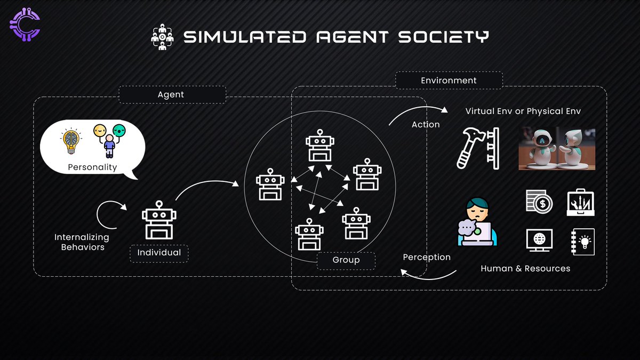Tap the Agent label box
pyautogui.click(x=171, y=94)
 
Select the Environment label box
pyautogui.click(x=449, y=81)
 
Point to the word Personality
pyautogui.click(x=92, y=167)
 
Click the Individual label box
pyautogui.click(x=159, y=252)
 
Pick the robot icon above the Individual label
pyautogui.click(x=159, y=220)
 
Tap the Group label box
pyautogui.click(x=346, y=260)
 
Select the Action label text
pyautogui.click(x=426, y=124)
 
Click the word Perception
pyautogui.click(x=427, y=257)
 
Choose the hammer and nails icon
pyautogui.click(x=477, y=148)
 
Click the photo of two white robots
pyautogui.click(x=557, y=148)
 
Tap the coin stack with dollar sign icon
pyautogui.click(x=539, y=202)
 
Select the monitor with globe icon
pyautogui.click(x=539, y=240)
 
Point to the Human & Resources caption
pyautogui.click(x=525, y=268)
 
